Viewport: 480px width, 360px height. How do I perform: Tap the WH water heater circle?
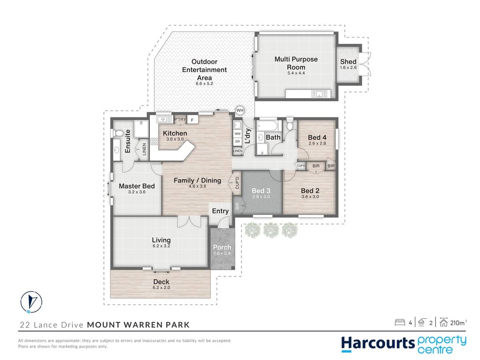(240, 110)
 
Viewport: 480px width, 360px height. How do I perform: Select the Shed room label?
(348, 62)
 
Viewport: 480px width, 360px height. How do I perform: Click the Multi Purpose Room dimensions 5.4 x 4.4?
(296, 73)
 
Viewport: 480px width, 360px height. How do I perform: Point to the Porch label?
(222, 247)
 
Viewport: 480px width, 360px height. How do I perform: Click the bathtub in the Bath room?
(268, 126)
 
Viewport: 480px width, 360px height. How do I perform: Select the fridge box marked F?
(192, 120)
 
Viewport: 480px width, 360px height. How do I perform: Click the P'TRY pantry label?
(180, 119)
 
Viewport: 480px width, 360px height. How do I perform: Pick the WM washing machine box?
(237, 134)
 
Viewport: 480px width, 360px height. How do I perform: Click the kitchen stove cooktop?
(154, 141)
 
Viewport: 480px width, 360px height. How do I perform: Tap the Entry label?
(220, 211)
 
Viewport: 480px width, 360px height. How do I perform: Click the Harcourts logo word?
(372, 343)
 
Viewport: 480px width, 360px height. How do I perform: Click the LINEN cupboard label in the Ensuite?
(144, 149)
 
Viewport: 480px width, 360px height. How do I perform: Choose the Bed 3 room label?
(261, 190)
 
